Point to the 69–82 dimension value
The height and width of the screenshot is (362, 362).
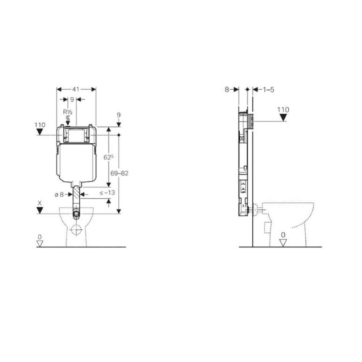pos(119,173)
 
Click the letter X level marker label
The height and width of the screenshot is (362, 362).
pos(40,203)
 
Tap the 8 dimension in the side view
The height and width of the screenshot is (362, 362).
pos(227,89)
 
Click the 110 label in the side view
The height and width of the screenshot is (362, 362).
pos(283,109)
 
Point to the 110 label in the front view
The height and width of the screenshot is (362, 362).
pos(40,125)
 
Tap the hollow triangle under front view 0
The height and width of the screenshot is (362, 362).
pos(40,244)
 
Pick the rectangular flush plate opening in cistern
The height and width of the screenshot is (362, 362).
pos(76,136)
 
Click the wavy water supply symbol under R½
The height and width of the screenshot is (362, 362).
pos(68,118)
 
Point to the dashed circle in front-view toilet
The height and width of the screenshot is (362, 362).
pos(76,230)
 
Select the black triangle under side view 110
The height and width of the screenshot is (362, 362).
pos(283,117)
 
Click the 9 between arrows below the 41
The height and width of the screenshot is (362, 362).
pos(72,99)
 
